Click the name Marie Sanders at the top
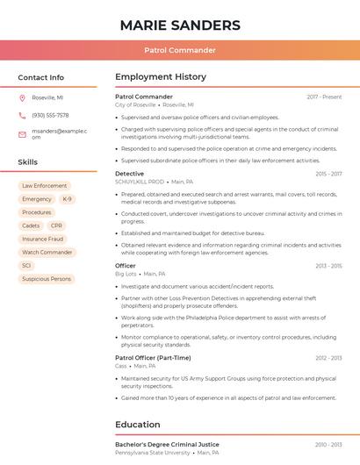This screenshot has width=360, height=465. click(179, 24)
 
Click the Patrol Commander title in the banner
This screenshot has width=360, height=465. click(179, 50)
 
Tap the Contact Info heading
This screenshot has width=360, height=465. click(40, 77)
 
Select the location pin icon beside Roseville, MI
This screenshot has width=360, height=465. click(22, 97)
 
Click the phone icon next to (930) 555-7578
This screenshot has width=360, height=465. click(22, 115)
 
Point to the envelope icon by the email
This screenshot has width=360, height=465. click(22, 133)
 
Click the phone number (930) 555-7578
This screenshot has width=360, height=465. click(50, 115)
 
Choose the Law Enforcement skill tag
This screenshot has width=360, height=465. click(44, 186)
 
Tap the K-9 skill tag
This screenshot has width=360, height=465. click(67, 199)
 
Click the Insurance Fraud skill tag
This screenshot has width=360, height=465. click(42, 239)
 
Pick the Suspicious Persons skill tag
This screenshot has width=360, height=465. click(47, 279)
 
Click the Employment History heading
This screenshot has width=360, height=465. click(161, 77)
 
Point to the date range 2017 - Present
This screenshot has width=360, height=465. click(324, 97)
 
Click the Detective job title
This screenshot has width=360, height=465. click(129, 174)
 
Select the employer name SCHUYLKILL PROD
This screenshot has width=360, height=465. click(140, 182)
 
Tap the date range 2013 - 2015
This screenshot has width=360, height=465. click(328, 266)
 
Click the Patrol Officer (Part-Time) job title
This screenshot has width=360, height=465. click(153, 358)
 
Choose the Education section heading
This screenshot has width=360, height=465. click(138, 425)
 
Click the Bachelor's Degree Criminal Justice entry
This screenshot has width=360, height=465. click(167, 445)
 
